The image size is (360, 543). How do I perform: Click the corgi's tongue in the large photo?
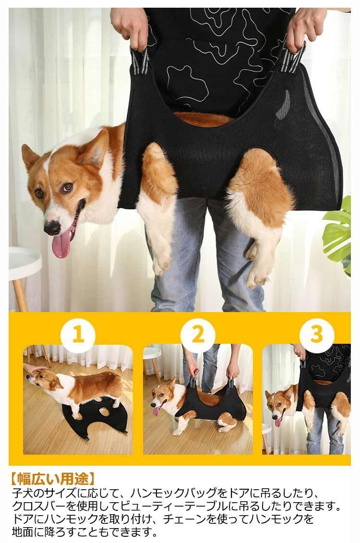61,244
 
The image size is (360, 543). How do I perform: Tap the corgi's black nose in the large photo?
52,228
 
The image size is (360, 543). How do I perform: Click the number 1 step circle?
78,335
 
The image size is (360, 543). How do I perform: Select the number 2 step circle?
198,335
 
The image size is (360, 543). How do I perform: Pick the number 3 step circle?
317,335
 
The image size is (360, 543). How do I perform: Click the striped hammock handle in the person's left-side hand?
140,60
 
